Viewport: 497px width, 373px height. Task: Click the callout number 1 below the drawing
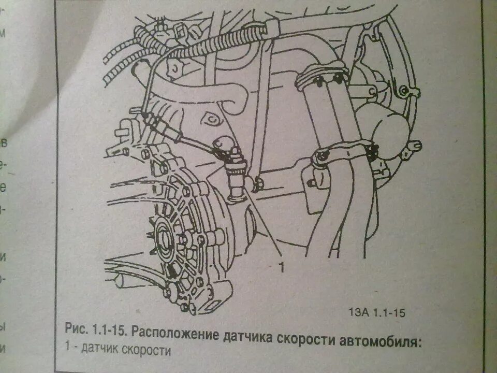pyautogui.click(x=282, y=267)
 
